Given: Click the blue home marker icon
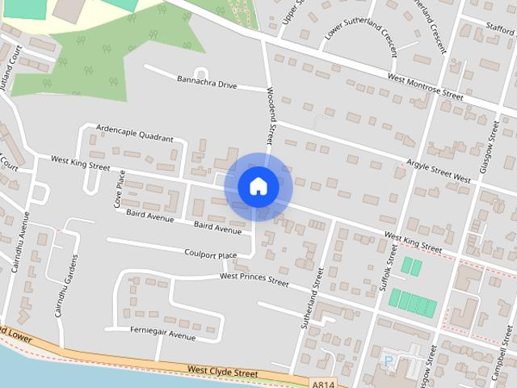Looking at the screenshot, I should (258, 187).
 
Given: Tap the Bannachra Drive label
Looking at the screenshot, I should (207, 83).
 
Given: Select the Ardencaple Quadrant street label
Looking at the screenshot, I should (134, 133).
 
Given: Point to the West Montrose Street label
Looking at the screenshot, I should (425, 86).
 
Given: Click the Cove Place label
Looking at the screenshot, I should (119, 189).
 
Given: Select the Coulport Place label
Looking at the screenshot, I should (210, 255).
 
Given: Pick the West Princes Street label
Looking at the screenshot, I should (254, 280).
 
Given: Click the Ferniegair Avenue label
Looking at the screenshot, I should (162, 331).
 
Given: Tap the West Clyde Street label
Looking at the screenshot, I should (222, 373).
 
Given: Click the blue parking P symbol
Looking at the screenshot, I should (389, 361).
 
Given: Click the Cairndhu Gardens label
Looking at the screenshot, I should (66, 286).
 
